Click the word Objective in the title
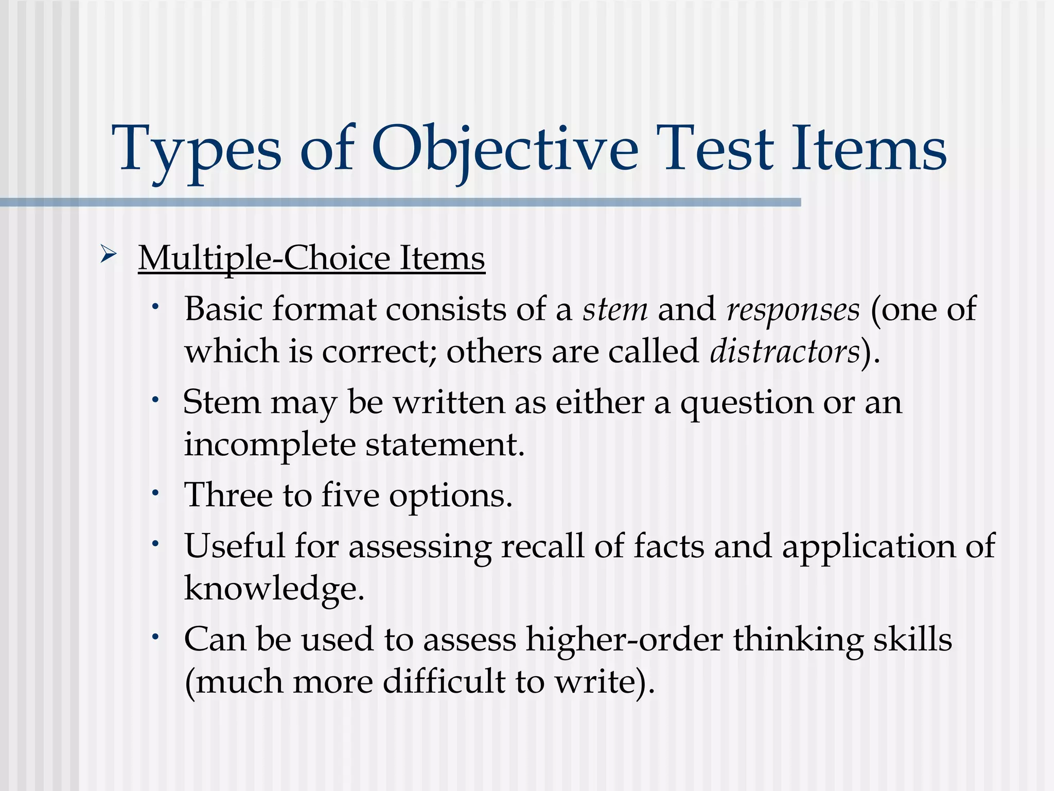[504, 149]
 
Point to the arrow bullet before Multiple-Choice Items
[109, 254]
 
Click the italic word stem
[614, 309]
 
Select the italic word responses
[793, 311]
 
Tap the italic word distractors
[785, 352]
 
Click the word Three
[229, 495]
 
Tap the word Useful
[234, 546]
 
